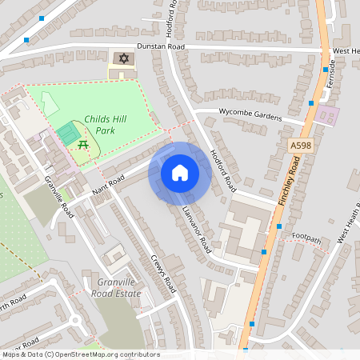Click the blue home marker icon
180,172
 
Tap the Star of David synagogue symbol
123,58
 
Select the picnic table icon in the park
82,144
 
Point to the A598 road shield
299,146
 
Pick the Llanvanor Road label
195,226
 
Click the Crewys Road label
162,272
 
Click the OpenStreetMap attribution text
80,354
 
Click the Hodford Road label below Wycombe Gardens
223,170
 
